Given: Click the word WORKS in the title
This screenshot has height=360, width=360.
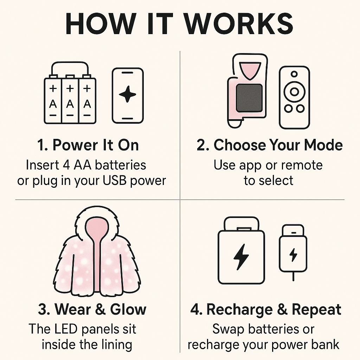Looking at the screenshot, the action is click(239, 24).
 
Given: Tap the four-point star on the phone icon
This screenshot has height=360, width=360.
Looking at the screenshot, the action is click(127, 94).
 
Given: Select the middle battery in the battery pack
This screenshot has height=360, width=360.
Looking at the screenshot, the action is click(70, 99).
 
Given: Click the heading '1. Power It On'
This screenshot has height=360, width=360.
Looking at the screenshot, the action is click(88, 145).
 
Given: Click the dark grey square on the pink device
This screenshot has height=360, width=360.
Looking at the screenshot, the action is click(249, 98).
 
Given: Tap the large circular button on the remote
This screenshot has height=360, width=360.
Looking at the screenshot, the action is click(294, 92).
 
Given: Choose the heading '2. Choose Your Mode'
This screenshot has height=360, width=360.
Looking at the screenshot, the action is click(270, 145).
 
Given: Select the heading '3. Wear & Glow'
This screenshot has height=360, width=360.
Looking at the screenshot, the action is click(92, 309).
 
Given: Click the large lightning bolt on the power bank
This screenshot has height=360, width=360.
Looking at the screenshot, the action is click(241, 257).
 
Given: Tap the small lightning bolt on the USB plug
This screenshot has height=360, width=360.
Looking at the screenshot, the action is click(293, 255).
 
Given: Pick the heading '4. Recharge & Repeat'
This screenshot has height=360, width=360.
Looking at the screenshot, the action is click(266, 309).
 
